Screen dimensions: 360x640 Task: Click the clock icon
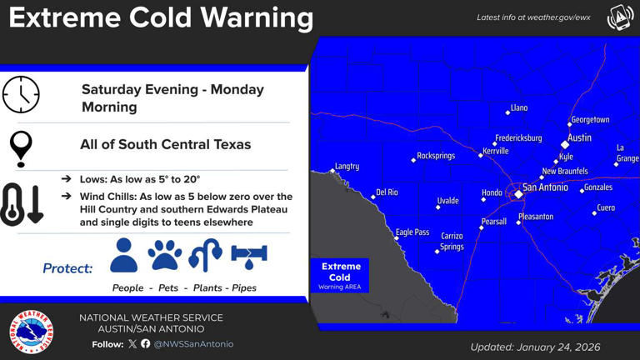21,94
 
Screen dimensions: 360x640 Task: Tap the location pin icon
21,147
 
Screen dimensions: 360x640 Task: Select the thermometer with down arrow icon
22,204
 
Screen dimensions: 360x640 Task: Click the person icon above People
123,255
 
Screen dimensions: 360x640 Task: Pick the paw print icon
165,255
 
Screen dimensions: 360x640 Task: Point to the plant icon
205,255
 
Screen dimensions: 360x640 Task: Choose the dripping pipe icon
248,255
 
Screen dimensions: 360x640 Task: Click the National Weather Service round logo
31,332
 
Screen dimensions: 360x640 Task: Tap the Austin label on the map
579,137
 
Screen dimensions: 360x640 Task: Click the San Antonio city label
545,188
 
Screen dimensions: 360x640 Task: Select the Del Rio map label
387,192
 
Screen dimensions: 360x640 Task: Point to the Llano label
518,108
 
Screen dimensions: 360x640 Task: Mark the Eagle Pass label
412,232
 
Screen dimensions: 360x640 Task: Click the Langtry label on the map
347,167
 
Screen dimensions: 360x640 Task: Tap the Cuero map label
606,207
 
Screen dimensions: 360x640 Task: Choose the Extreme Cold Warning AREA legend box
340,276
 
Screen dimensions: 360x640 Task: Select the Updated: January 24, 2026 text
535,347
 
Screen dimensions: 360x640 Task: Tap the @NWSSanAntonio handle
193,344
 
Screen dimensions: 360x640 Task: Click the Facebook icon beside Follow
146,344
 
